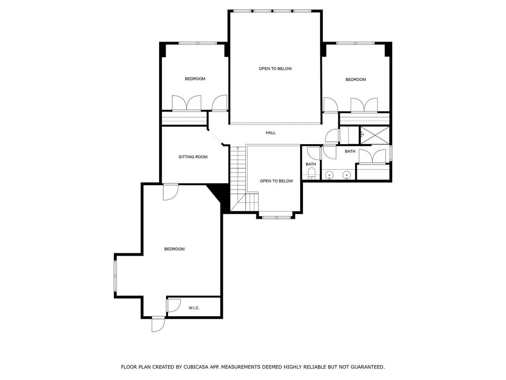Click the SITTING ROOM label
point(193,157)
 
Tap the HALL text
point(271,133)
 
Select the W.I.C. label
point(194,308)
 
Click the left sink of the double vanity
point(329,175)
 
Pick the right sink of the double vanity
point(347,175)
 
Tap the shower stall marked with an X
point(375,135)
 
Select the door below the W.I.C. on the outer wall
point(158,324)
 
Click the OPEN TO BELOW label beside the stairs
point(277,181)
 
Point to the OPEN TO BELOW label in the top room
point(275,69)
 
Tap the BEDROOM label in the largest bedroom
point(175,249)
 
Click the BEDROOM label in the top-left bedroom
point(195,79)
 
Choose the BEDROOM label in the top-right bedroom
point(355,79)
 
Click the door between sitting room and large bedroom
point(170,192)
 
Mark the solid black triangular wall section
point(216,192)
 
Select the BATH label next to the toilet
point(311,164)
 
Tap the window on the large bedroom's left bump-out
point(115,276)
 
